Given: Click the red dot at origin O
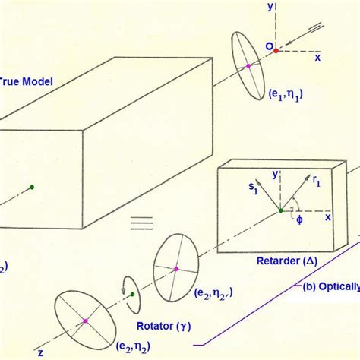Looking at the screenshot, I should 276,51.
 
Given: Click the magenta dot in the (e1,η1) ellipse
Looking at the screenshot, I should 248,67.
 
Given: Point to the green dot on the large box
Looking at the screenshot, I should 32,186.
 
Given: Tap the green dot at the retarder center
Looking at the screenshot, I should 282,210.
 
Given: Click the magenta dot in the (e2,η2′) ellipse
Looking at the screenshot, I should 176,268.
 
